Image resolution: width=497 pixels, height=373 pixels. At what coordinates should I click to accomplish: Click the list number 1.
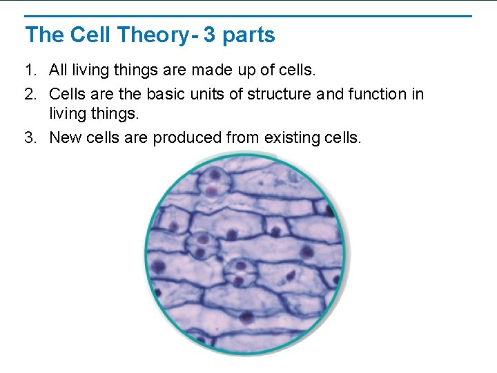tap(29, 70)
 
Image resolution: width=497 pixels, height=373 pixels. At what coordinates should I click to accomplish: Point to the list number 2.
tap(29, 94)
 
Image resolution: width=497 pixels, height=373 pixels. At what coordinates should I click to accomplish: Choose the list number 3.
tap(29, 137)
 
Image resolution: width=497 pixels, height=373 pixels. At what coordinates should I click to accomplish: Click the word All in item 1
tap(59, 70)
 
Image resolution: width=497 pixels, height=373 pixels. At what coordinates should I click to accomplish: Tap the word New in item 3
tap(65, 137)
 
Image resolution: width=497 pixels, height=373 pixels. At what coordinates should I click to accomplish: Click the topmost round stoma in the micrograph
tap(215, 182)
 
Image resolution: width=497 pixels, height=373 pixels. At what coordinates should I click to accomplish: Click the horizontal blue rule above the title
tap(248, 16)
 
